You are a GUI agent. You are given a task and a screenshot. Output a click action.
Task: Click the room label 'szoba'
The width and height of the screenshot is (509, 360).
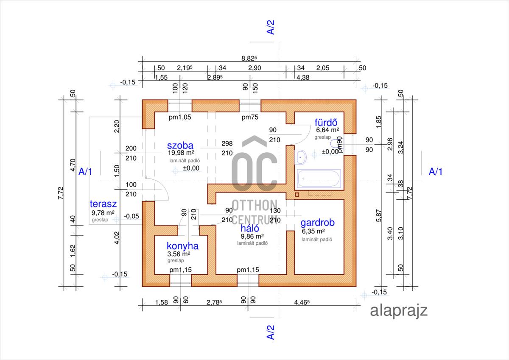(x=180, y=146)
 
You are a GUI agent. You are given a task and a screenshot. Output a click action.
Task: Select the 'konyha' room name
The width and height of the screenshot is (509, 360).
(x=182, y=246)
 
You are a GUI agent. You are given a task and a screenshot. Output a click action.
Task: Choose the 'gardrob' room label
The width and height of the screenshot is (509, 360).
(x=318, y=223)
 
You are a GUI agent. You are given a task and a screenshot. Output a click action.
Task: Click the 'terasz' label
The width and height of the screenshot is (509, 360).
(x=103, y=204)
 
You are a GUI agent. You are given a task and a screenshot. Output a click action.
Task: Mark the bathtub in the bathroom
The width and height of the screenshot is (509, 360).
(x=319, y=179)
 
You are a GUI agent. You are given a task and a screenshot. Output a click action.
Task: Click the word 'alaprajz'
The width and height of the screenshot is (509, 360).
(x=399, y=310)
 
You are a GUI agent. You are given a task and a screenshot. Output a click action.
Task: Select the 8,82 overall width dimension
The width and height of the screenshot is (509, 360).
(x=249, y=59)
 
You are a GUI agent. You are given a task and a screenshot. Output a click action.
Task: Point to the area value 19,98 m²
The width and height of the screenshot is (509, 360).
(x=181, y=153)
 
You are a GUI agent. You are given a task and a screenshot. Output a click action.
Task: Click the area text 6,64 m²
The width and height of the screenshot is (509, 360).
(x=327, y=130)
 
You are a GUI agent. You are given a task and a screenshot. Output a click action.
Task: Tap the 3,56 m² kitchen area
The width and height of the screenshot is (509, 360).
(x=179, y=254)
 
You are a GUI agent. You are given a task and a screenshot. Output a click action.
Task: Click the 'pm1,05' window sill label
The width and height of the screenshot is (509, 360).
(x=180, y=117)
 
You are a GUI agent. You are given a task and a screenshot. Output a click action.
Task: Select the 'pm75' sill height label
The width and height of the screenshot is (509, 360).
(x=250, y=117)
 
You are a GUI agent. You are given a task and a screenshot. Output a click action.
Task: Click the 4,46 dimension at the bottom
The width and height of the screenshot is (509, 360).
(x=303, y=302)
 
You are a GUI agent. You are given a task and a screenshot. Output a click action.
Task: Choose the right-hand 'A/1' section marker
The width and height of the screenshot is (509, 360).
(x=436, y=172)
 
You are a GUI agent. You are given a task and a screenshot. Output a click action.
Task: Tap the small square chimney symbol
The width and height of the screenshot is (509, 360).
(x=297, y=195)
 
